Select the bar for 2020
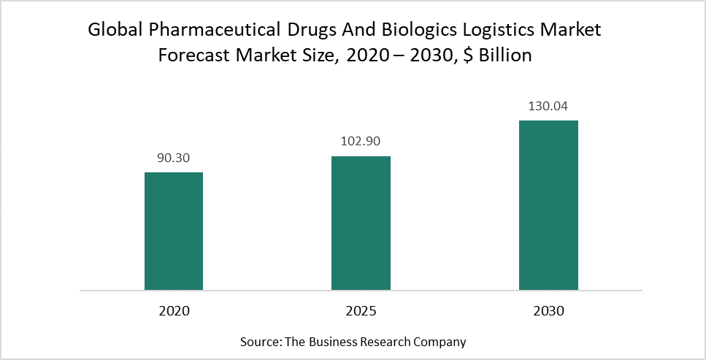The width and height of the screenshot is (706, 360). pyautogui.click(x=173, y=231)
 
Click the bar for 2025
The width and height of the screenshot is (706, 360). pyautogui.click(x=361, y=223)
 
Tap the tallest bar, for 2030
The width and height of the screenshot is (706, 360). pyautogui.click(x=548, y=205)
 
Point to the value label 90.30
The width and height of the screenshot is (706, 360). pyautogui.click(x=173, y=158)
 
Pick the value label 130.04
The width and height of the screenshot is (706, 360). pyautogui.click(x=548, y=106)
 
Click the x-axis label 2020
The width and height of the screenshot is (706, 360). pyautogui.click(x=173, y=311)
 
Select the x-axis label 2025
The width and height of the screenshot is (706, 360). pyautogui.click(x=361, y=311)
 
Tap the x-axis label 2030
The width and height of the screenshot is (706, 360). pyautogui.click(x=548, y=311)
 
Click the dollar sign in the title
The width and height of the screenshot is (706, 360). pyautogui.click(x=468, y=55)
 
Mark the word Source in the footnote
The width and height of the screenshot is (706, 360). pyautogui.click(x=258, y=341)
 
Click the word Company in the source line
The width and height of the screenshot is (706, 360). pyautogui.click(x=442, y=341)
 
